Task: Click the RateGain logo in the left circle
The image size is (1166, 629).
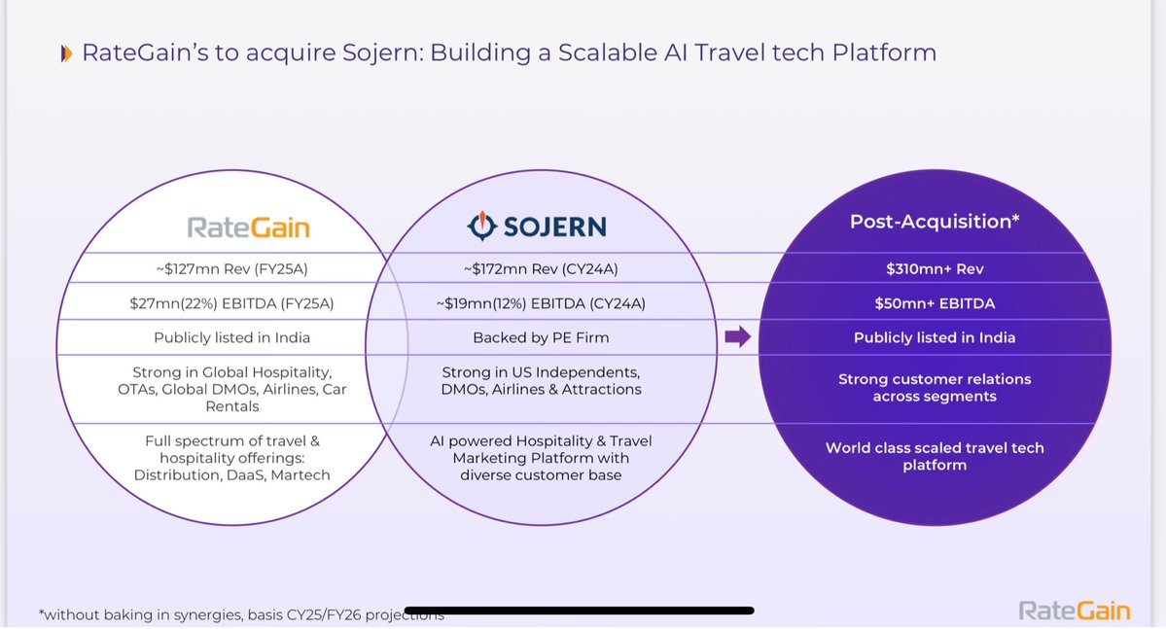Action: [x=248, y=227]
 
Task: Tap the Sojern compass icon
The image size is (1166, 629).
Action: [x=481, y=227]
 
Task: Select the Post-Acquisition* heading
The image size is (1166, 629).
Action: [x=935, y=221]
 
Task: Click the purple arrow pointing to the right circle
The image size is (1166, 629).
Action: [x=738, y=337]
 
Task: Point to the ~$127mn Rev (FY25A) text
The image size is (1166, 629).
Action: [x=231, y=268]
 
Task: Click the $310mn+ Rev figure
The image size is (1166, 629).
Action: [x=935, y=268]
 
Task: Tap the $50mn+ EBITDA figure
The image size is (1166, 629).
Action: [x=935, y=303]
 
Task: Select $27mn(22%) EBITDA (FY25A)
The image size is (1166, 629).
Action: [x=231, y=303]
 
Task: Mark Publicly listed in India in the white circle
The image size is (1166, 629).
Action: [x=231, y=337]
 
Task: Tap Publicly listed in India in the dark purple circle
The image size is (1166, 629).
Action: [x=935, y=337]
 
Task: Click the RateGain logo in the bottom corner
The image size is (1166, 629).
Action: [x=1075, y=611]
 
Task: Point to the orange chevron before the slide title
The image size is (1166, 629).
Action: [x=65, y=53]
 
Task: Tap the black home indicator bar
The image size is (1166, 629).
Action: [x=580, y=611]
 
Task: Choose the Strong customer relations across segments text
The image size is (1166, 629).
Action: [x=935, y=387]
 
